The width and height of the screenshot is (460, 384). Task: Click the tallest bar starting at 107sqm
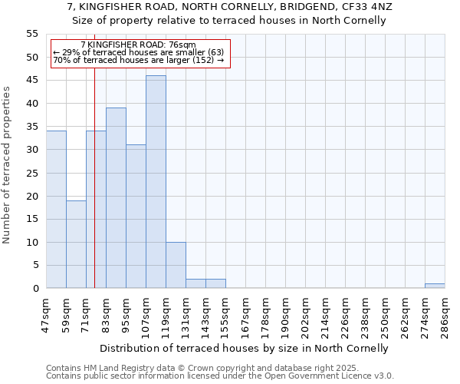(156, 182)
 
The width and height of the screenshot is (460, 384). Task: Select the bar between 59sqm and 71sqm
(76, 244)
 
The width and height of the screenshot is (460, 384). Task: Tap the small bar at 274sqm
(435, 286)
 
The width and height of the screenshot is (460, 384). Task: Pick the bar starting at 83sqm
(116, 198)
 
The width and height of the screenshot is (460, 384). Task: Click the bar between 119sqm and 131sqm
(176, 265)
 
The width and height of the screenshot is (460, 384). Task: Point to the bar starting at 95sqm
(136, 217)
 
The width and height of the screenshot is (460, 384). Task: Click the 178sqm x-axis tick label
(265, 313)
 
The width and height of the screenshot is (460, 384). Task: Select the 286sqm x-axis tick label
(445, 313)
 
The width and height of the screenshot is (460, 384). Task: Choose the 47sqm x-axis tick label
(46, 313)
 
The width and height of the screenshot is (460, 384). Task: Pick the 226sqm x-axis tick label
(345, 313)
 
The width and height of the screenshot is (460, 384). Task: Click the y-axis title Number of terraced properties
(8, 164)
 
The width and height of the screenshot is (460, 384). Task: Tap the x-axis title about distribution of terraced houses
(245, 348)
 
